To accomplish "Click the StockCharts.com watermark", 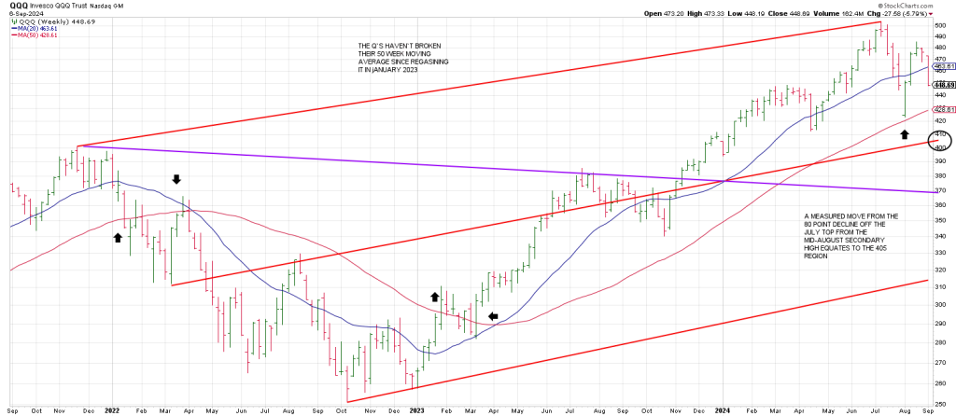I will (x=919, y=6).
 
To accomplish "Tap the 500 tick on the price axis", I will (x=941, y=25).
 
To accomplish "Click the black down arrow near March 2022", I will (x=177, y=178).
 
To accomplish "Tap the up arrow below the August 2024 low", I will (x=903, y=135).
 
